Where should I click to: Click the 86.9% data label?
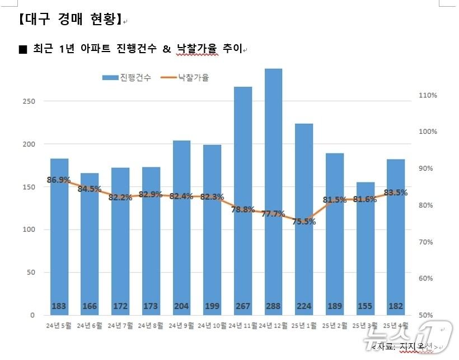click(x=59, y=180)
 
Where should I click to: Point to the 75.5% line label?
click(x=304, y=221)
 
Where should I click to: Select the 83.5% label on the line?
click(x=395, y=193)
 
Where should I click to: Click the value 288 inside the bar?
click(x=273, y=306)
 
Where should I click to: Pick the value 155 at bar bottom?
click(x=365, y=306)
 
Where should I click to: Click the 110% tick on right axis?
click(x=428, y=95)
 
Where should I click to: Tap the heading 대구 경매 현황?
click(x=69, y=20)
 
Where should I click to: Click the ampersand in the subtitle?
click(x=167, y=49)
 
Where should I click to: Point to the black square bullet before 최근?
click(x=23, y=49)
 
